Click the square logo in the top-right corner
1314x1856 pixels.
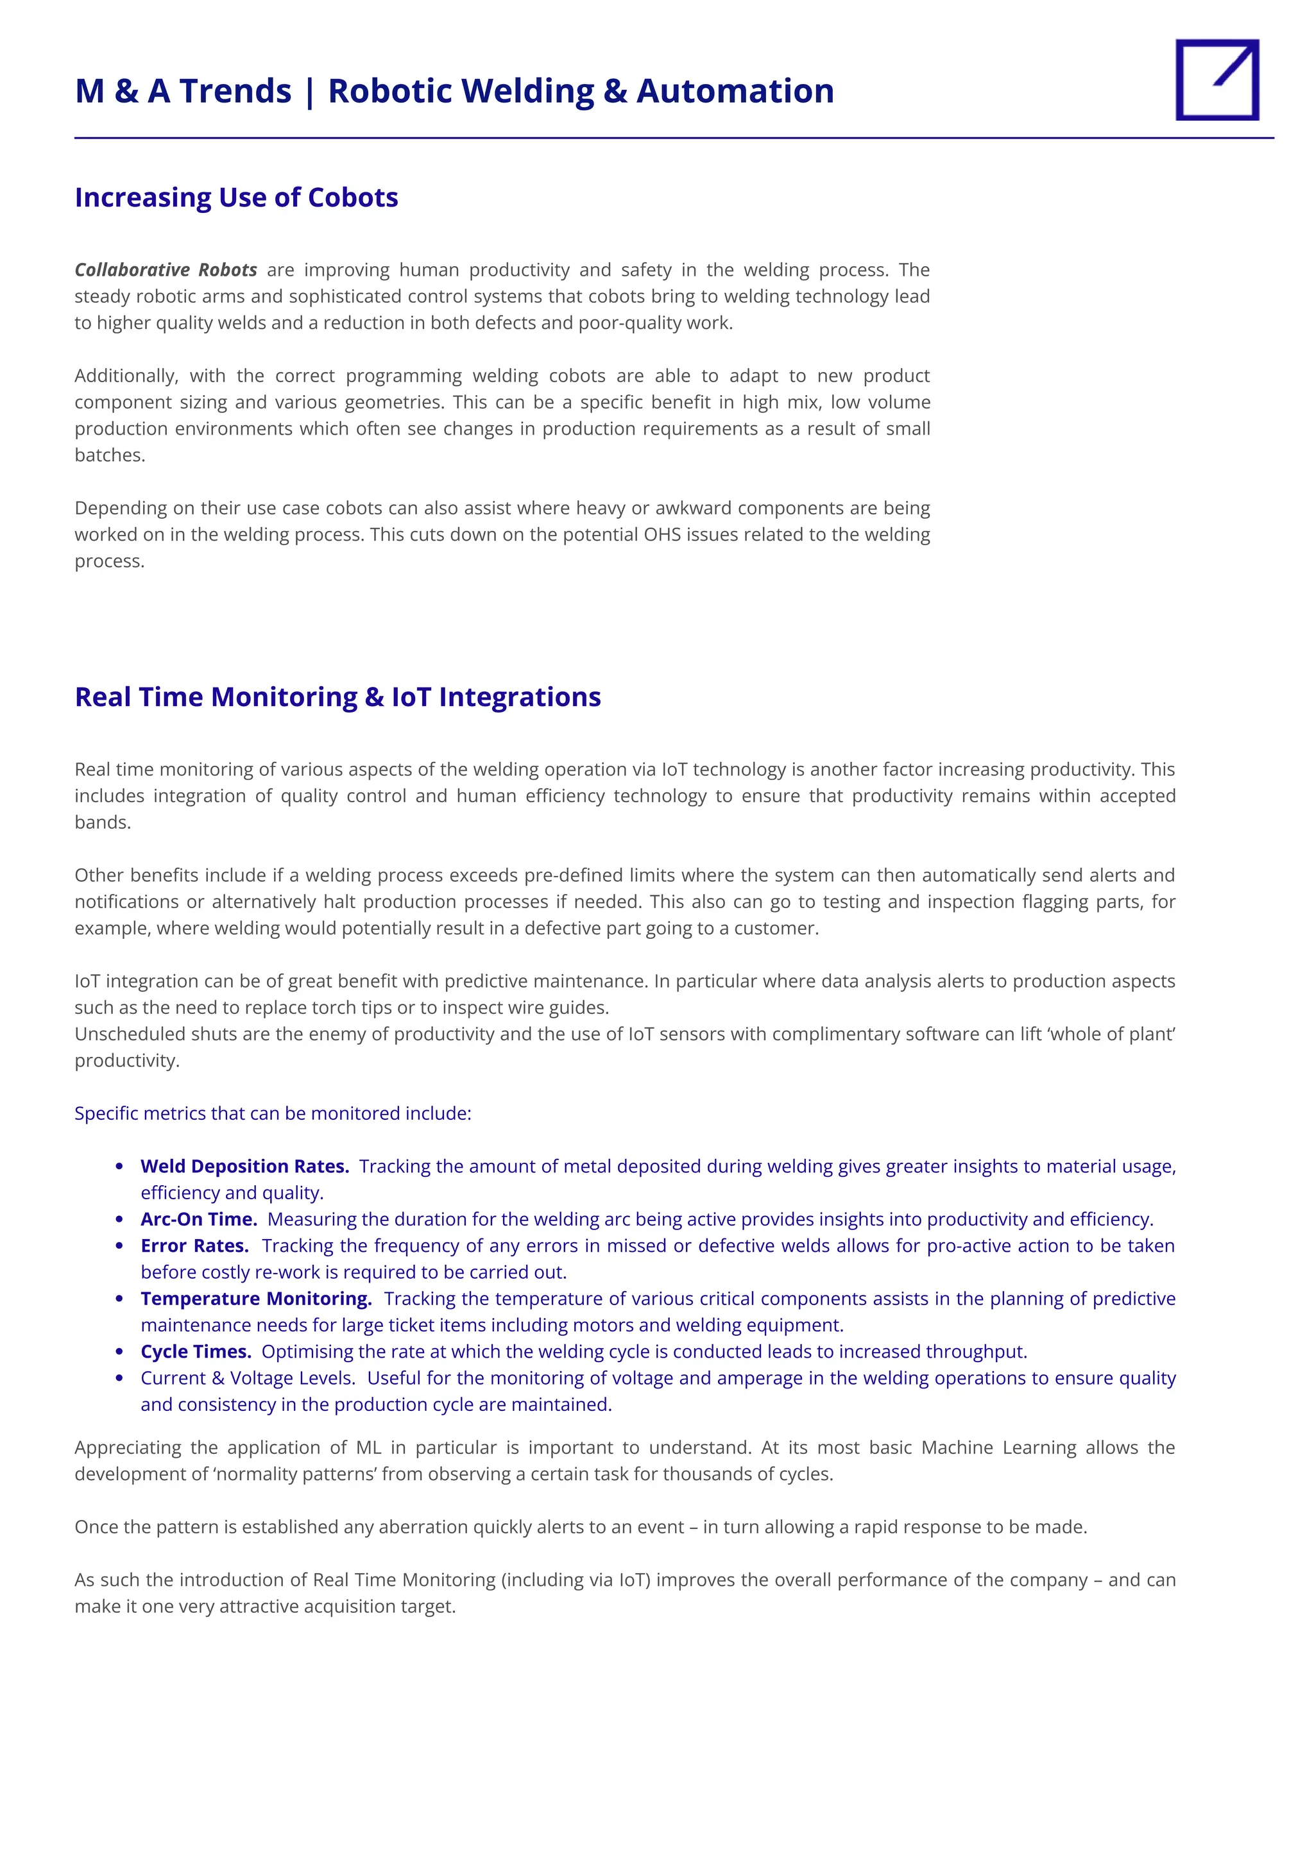coord(1217,80)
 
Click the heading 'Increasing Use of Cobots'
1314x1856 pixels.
coord(236,198)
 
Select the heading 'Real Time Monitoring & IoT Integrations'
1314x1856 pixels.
coord(337,697)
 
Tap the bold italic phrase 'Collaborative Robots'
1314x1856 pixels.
coord(166,269)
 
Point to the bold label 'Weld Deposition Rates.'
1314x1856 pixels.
coord(244,1166)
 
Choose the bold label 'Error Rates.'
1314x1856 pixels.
coord(194,1245)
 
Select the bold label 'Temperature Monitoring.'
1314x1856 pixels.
coord(256,1298)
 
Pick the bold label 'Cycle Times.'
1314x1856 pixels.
coord(196,1351)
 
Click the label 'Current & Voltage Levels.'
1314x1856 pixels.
coord(248,1378)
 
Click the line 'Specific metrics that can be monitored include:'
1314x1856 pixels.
coord(273,1113)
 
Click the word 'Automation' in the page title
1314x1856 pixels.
coord(735,90)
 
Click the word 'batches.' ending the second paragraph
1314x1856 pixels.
coord(110,455)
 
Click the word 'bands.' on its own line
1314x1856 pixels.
coord(103,822)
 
